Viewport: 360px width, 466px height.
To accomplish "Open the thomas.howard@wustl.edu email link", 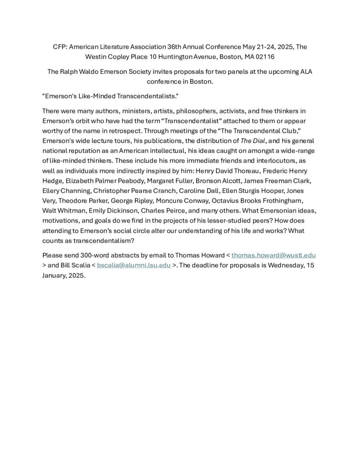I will (274, 255).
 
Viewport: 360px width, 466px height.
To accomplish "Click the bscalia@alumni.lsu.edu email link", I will (134, 265).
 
